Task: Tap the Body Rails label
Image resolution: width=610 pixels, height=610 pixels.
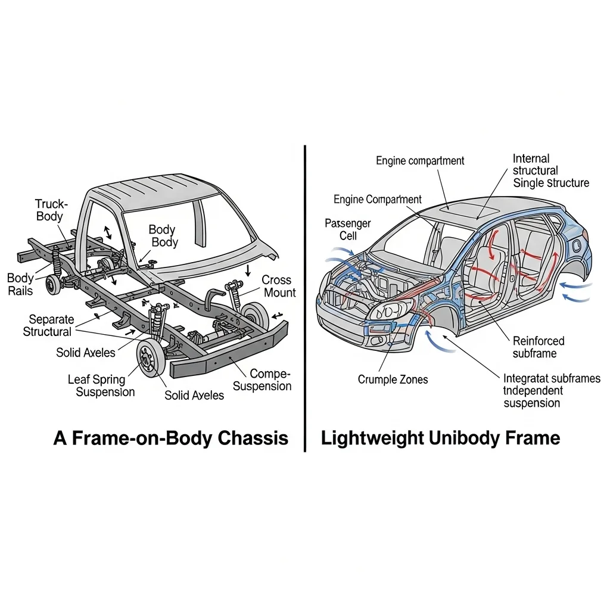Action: (x=20, y=285)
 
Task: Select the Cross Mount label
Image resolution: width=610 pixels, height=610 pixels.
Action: (x=277, y=286)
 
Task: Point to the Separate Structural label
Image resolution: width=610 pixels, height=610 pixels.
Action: (x=48, y=325)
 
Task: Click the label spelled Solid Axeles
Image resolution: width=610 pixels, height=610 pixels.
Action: (x=86, y=353)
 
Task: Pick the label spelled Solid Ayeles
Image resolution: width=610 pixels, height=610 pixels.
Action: (x=194, y=395)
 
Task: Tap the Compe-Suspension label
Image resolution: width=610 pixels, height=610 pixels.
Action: (x=263, y=379)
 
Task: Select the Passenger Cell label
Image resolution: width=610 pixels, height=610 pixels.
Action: (x=347, y=229)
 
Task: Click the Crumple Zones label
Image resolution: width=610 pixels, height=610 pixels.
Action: (x=393, y=379)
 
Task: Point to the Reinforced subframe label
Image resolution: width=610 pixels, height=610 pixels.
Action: (x=538, y=347)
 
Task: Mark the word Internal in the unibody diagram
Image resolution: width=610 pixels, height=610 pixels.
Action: (x=531, y=158)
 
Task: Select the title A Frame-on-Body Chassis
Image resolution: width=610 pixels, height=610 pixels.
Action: (x=170, y=438)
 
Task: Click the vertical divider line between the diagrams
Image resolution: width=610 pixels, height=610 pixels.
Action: (x=305, y=298)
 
